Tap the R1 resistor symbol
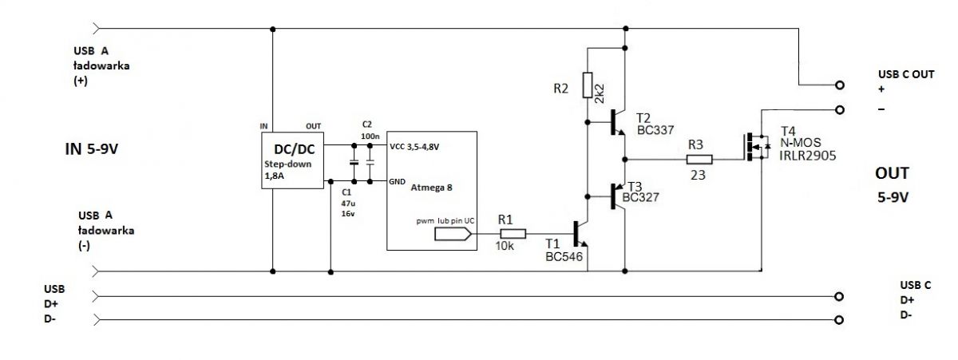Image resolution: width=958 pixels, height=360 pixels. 512,234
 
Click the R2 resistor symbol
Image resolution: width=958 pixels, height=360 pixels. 587,84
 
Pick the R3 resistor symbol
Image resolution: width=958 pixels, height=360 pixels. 699,160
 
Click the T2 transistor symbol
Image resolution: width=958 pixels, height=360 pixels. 616,122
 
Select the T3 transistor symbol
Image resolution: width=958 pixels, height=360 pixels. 616,195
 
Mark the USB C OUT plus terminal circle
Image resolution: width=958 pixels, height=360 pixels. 839,85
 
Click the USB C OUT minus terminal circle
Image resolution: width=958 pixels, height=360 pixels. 839,109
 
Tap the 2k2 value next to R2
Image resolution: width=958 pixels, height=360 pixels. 600,90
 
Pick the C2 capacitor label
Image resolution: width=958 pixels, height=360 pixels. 366,125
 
